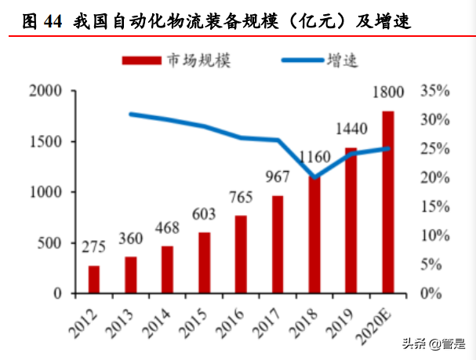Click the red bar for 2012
(x=93, y=279)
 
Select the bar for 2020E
(x=387, y=202)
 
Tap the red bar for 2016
(x=241, y=254)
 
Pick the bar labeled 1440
(x=351, y=220)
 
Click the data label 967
(x=278, y=177)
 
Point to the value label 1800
(x=388, y=93)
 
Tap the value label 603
(x=204, y=214)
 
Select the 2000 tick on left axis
(x=44, y=91)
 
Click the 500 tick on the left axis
(x=49, y=242)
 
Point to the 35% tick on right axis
(x=435, y=91)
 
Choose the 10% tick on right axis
(x=435, y=235)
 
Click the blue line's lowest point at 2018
(x=314, y=177)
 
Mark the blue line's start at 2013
(x=130, y=114)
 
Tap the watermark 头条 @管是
(x=430, y=344)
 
